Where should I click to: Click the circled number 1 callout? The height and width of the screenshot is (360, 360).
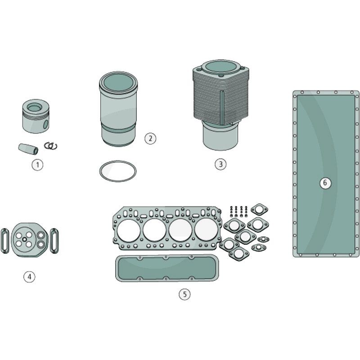(x=37, y=165)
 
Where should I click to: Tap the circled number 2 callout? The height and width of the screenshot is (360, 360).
(x=150, y=138)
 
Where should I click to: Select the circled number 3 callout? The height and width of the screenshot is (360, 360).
(x=220, y=164)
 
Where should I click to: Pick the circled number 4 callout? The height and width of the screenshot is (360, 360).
(x=29, y=277)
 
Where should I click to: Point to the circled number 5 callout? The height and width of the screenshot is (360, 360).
(x=184, y=294)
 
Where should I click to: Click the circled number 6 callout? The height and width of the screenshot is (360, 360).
(x=326, y=183)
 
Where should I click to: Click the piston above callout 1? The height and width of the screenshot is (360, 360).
(x=36, y=117)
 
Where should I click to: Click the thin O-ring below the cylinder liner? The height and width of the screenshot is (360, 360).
(x=117, y=171)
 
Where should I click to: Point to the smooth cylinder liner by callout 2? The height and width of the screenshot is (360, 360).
(x=117, y=108)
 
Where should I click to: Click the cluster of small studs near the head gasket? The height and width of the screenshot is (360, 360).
(x=238, y=211)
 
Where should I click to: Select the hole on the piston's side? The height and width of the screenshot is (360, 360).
(x=45, y=124)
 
